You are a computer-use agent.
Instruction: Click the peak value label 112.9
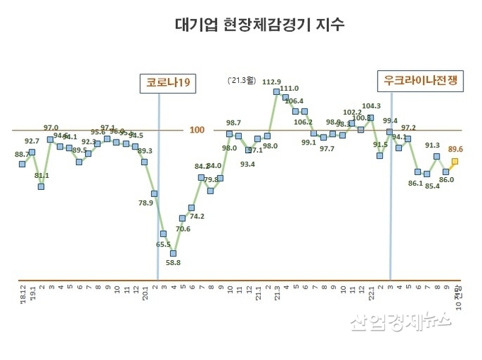(x=271, y=82)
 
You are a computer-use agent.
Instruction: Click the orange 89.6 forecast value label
(x=456, y=150)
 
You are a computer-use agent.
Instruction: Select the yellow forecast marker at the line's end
(x=455, y=162)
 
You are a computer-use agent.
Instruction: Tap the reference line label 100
(x=198, y=130)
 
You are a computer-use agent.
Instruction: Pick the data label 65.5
(x=163, y=244)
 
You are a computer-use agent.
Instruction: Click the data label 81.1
(x=42, y=175)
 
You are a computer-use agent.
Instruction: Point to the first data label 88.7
(x=22, y=154)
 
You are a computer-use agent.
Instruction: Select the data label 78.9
(x=145, y=203)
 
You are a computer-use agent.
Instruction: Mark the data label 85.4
(x=432, y=186)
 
